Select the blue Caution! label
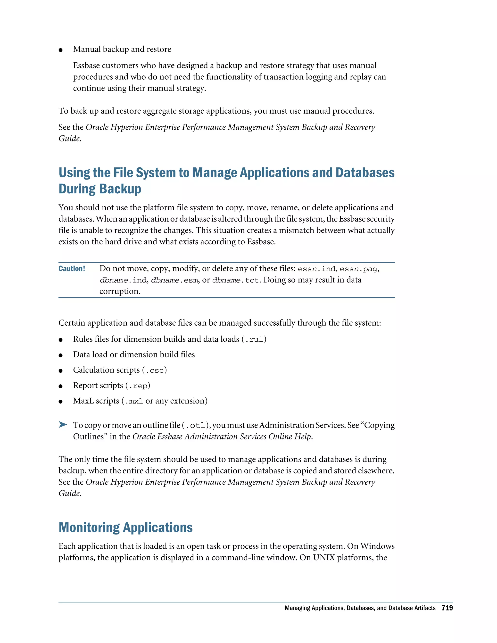72,269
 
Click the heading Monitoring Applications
125,527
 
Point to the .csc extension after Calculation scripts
155,370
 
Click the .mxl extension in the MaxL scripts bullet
134,401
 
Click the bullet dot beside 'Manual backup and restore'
61,50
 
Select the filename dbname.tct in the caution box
236,280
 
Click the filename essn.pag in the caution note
358,269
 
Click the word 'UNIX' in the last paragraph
324,558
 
